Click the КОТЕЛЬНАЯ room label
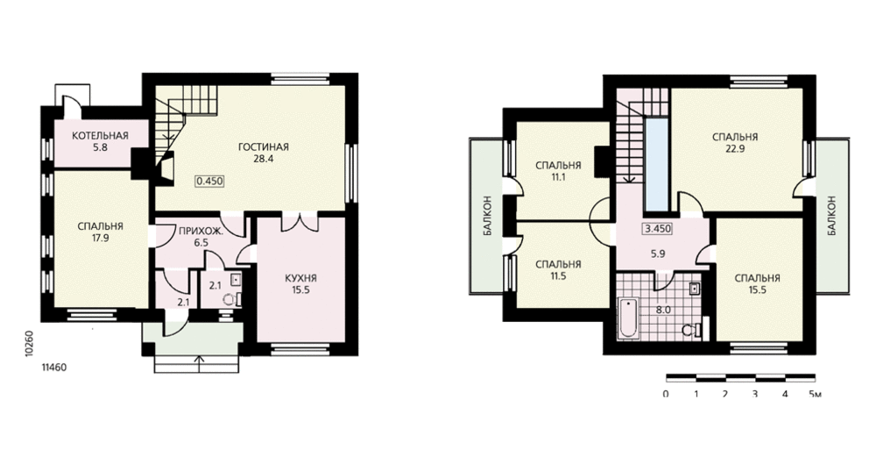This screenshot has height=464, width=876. click(100, 136)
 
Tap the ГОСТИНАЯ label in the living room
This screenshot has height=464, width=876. click(263, 147)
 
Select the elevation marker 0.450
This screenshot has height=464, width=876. click(209, 181)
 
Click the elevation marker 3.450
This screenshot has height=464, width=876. click(658, 228)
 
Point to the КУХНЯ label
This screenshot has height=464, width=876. click(300, 278)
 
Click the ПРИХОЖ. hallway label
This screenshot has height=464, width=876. click(201, 231)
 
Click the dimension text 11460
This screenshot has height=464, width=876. click(54, 368)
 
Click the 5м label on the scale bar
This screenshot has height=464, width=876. click(815, 394)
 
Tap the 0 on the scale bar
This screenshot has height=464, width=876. click(666, 394)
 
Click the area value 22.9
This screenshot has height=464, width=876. click(735, 149)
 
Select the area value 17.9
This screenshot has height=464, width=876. click(101, 239)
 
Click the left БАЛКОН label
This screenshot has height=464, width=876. click(487, 216)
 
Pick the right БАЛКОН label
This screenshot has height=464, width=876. click(832, 216)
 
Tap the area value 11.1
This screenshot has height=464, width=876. click(558, 177)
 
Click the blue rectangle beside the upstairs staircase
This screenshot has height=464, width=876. click(656, 162)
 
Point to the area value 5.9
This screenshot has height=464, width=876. click(658, 253)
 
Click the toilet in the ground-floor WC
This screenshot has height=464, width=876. click(230, 299)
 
